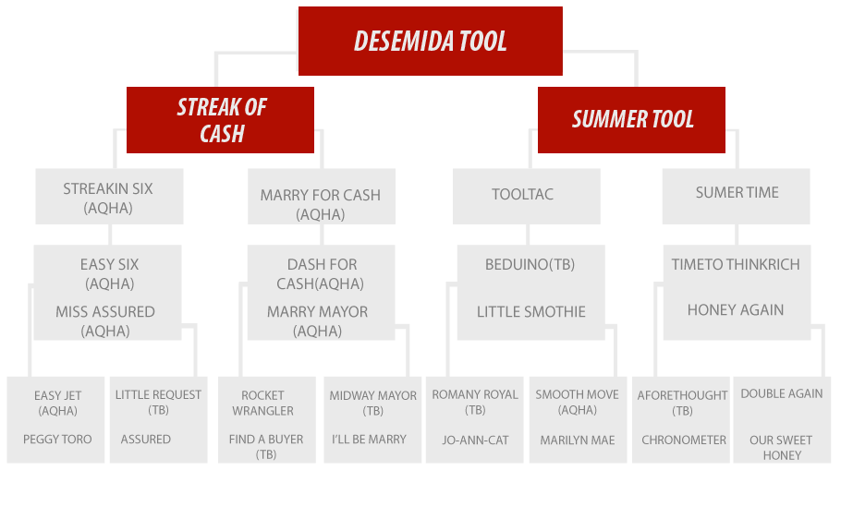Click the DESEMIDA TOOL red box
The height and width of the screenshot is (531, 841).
click(430, 41)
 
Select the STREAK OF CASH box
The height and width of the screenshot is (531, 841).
click(220, 120)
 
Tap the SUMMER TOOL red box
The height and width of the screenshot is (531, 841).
click(631, 120)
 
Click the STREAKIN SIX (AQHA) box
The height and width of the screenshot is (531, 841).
click(109, 196)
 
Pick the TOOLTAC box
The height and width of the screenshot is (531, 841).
click(526, 196)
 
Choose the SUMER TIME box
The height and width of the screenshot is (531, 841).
click(736, 196)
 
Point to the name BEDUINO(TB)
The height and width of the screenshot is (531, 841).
click(530, 265)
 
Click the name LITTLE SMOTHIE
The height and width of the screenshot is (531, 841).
click(531, 312)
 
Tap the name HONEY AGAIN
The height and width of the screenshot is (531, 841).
click(736, 309)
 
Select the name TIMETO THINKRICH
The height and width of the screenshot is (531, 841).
click(736, 265)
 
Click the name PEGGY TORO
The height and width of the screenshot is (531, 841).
click(57, 440)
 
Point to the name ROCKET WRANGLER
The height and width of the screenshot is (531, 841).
click(262, 403)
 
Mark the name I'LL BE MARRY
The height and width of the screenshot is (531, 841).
click(369, 440)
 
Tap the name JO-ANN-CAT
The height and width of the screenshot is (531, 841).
click(475, 440)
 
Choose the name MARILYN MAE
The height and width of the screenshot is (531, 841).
click(577, 440)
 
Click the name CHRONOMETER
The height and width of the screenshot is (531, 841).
click(684, 440)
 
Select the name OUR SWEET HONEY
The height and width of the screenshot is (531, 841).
click(781, 447)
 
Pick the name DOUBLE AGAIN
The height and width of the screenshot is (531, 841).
click(782, 393)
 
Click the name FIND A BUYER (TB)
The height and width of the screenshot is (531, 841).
click(266, 447)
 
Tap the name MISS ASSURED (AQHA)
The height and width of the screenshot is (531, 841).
click(105, 321)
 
